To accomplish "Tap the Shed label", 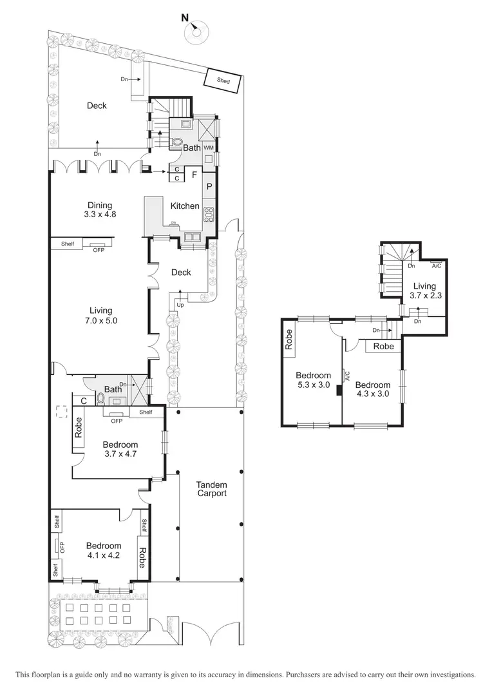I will pos(223,81).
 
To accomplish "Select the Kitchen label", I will pos(185,206).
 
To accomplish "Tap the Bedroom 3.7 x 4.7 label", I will pos(120,448).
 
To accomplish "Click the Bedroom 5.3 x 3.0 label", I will pos(313,380).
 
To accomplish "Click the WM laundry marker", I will pos(208,148).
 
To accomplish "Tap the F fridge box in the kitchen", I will pos(193,174).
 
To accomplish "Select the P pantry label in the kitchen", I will pos(209,186).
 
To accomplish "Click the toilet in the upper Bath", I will pos(177,142).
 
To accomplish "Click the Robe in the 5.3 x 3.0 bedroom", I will pos(290,340).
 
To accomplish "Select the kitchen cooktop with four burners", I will pos(209,215).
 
